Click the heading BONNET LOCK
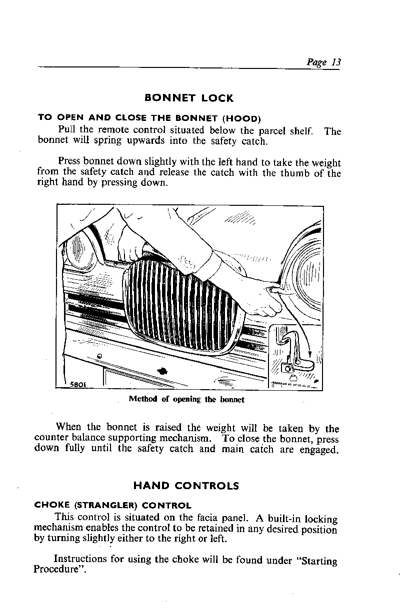188,98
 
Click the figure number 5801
77,385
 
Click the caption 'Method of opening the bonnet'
186,399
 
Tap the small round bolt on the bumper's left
99,356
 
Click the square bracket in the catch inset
287,368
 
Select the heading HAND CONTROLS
186,486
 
